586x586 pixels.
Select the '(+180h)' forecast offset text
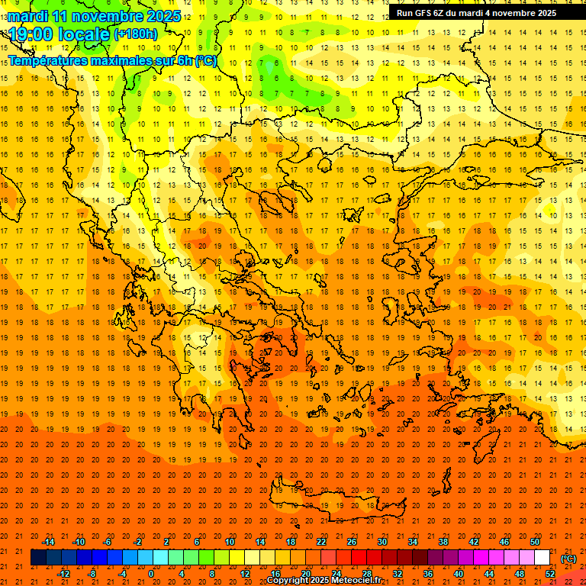pyautogui.click(x=136, y=34)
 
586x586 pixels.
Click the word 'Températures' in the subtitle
pyautogui.click(x=47, y=60)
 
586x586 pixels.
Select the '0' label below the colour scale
pyautogui.click(x=151, y=574)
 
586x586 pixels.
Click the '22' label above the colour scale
pyautogui.click(x=321, y=542)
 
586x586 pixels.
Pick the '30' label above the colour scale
pyautogui.click(x=382, y=542)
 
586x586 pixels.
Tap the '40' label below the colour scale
pyautogui.click(x=458, y=574)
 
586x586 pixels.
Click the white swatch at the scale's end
pyautogui.click(x=542, y=558)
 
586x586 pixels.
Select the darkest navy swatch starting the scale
pyautogui.click(x=38, y=558)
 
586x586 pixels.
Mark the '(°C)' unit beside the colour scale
pyautogui.click(x=568, y=559)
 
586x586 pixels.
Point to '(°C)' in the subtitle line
pyautogui.click(x=205, y=60)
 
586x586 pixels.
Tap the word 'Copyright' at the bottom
pyautogui.click(x=289, y=580)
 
